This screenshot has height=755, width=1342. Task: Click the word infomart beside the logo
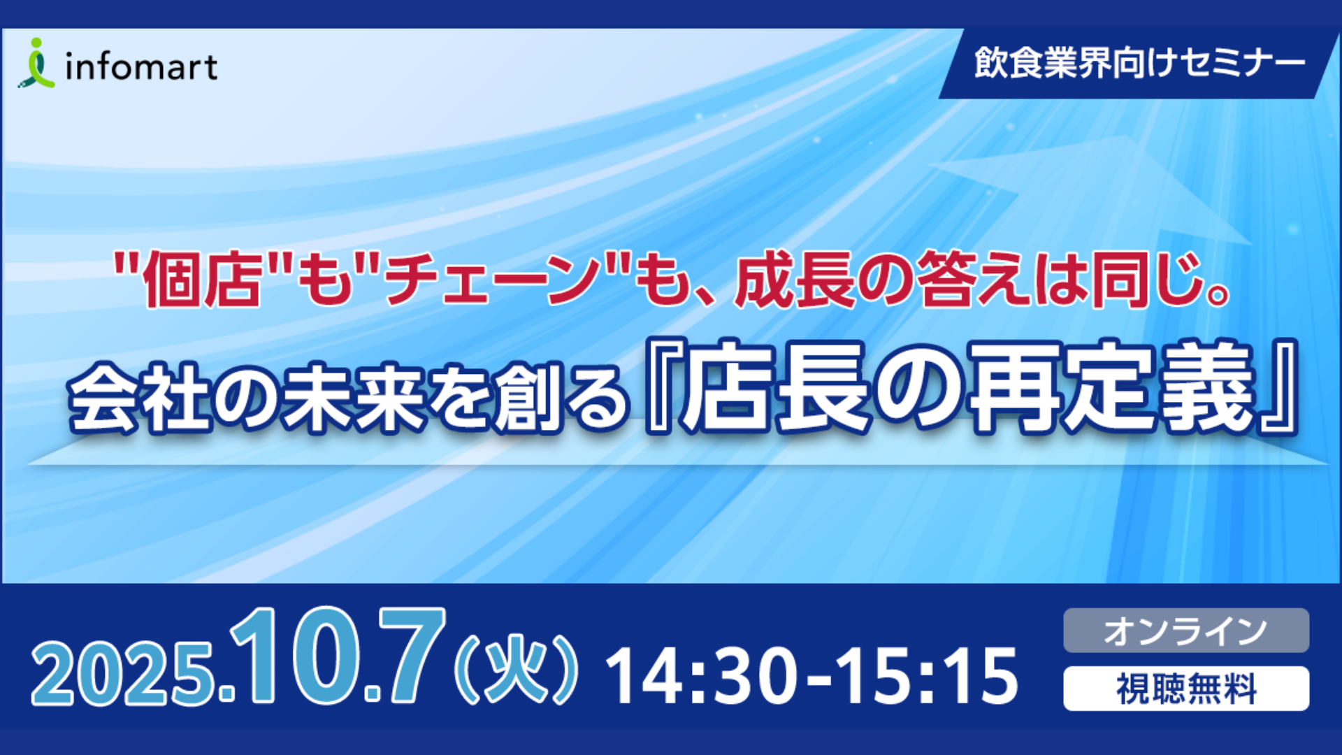coord(141,67)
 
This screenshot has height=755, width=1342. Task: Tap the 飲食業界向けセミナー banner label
coord(1139,64)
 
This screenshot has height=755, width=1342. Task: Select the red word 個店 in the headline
coord(203,280)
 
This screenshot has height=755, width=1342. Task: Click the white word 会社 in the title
coord(140,396)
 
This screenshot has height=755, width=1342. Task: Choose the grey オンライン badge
coord(1186,631)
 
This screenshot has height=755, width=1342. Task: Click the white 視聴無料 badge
coord(1186,689)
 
